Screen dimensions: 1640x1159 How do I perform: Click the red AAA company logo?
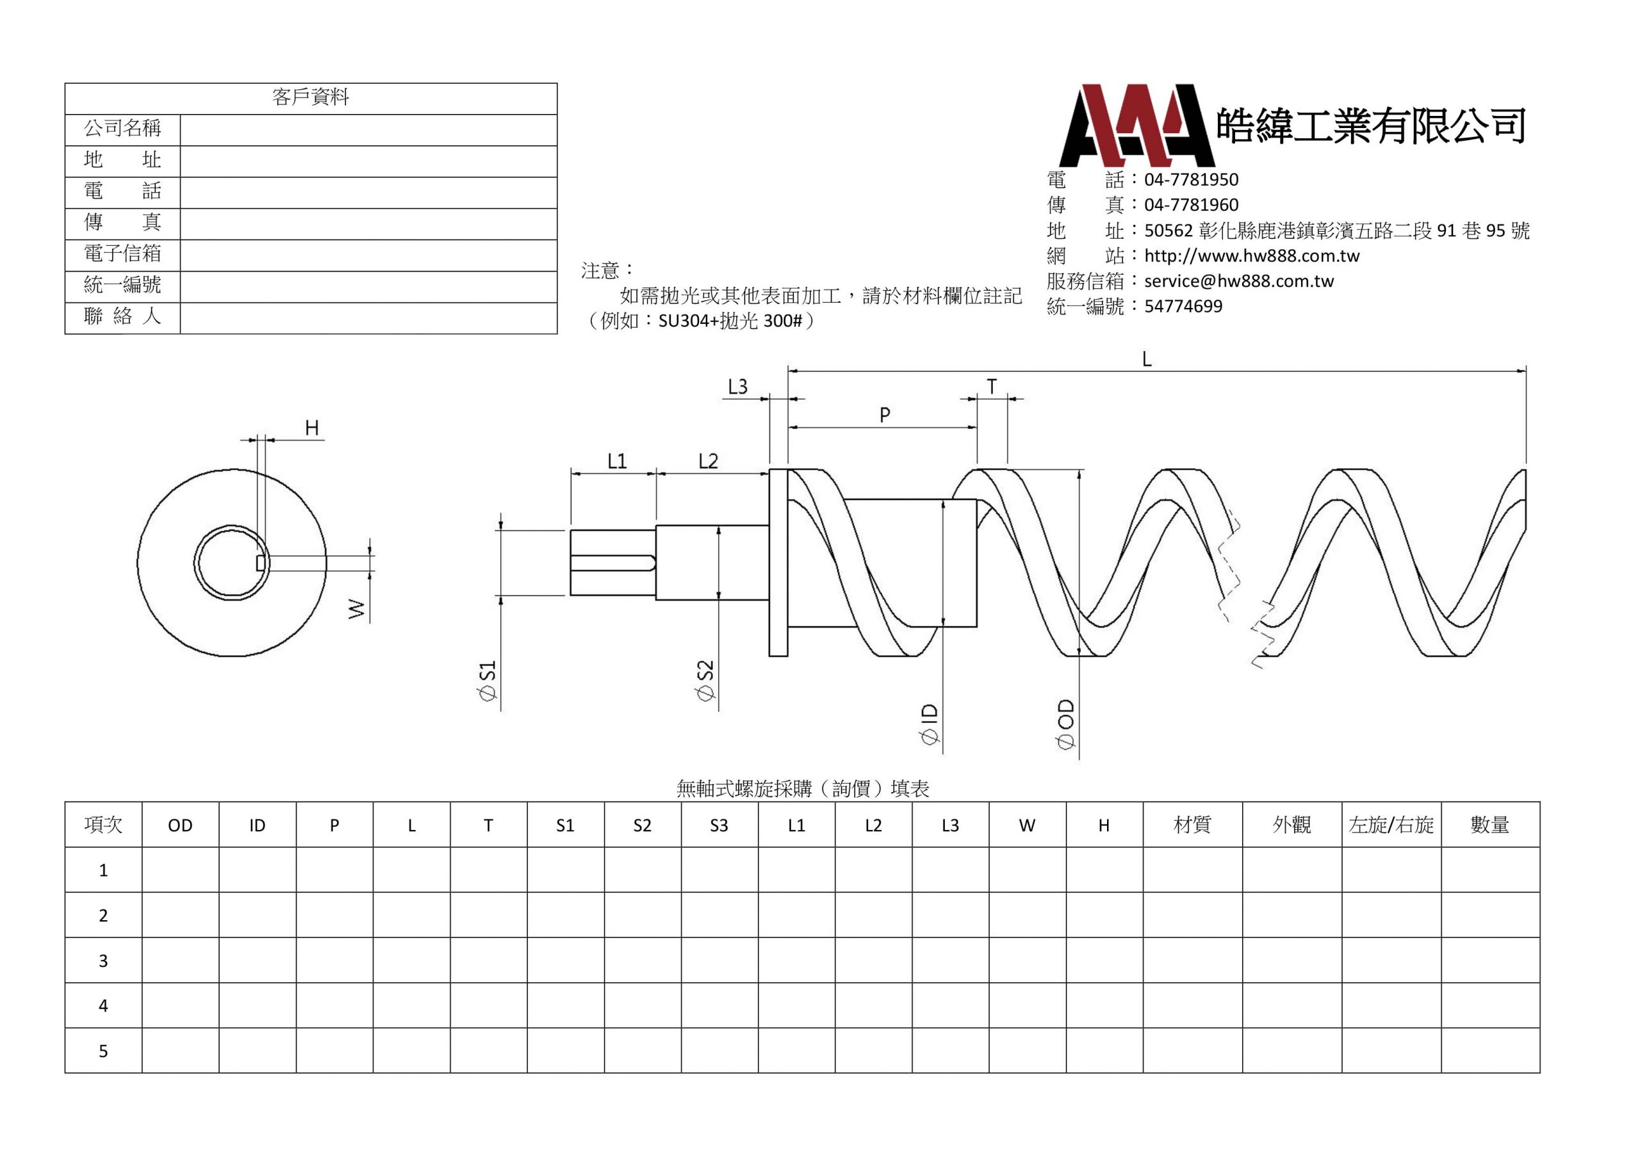pyautogui.click(x=1137, y=126)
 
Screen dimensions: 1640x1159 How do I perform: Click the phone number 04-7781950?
pyautogui.click(x=1192, y=179)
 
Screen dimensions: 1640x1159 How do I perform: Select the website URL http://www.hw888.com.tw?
pyautogui.click(x=1251, y=255)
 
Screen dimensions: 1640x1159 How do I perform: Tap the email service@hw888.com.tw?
pyautogui.click(x=1238, y=280)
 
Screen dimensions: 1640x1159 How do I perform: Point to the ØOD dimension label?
pyautogui.click(x=1065, y=724)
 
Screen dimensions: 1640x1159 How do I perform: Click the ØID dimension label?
pyautogui.click(x=930, y=724)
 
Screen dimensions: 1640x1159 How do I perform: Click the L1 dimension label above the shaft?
pyautogui.click(x=617, y=461)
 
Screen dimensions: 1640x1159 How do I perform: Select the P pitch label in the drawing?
pyautogui.click(x=885, y=415)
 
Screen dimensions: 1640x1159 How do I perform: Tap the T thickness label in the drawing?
pyautogui.click(x=992, y=387)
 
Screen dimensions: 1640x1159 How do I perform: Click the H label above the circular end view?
pyautogui.click(x=312, y=428)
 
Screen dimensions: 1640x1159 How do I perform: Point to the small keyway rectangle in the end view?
pyautogui.click(x=261, y=563)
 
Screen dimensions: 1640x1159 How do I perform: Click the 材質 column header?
pyautogui.click(x=1192, y=825)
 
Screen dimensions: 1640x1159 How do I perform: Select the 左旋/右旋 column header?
pyautogui.click(x=1391, y=825)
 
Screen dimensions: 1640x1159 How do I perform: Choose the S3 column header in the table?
pyautogui.click(x=719, y=825)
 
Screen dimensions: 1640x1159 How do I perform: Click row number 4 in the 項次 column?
pyautogui.click(x=103, y=1005)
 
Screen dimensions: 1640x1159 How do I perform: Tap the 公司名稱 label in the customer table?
pyautogui.click(x=122, y=129)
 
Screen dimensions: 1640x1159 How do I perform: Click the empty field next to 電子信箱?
pyautogui.click(x=368, y=255)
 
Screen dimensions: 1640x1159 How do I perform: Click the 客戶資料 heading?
pyautogui.click(x=311, y=97)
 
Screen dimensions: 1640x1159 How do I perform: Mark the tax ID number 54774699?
pyautogui.click(x=1184, y=306)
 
